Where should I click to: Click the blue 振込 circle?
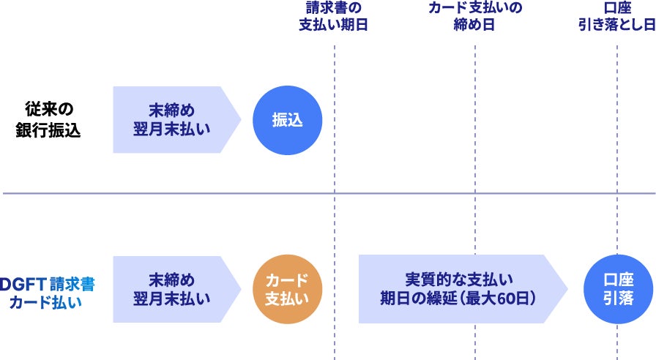coord(287,120)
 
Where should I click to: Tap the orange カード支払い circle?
coord(287,289)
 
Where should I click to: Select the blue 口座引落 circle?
coord(618,289)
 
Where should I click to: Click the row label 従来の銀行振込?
coord(48,120)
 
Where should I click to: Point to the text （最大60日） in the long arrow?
coord(498,299)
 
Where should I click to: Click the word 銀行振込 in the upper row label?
coord(48,130)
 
